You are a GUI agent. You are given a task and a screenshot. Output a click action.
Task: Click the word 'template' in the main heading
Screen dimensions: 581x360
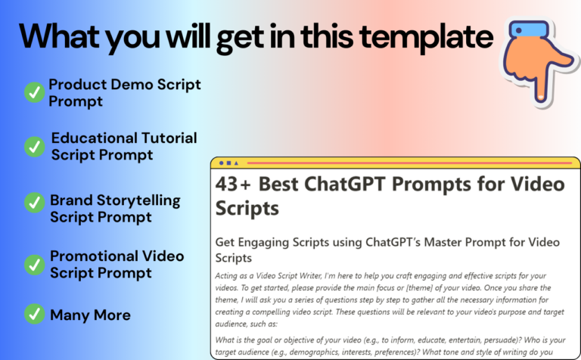pos(426,38)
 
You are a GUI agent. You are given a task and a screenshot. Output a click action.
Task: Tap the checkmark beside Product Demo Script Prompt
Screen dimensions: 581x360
pos(35,92)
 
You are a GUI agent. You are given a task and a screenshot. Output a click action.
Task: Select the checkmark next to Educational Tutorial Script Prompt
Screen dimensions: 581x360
pos(35,147)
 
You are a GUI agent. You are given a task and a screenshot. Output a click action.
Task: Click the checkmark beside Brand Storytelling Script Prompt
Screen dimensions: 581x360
pos(35,203)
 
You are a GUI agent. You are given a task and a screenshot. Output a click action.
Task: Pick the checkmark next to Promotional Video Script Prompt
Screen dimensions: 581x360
pos(35,265)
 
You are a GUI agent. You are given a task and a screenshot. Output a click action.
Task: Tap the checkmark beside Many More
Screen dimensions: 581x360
pos(35,314)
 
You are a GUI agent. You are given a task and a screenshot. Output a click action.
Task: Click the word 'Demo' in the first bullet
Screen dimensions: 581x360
pos(132,85)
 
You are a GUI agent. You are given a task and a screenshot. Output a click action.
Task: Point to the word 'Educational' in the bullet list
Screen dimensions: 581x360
pos(94,138)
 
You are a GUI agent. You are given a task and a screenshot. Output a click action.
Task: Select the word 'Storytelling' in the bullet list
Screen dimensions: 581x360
pos(138,200)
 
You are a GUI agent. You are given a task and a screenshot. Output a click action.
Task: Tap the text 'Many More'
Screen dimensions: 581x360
pos(90,315)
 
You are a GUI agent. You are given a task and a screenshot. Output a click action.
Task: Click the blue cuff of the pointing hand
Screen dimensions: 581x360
pos(529,29)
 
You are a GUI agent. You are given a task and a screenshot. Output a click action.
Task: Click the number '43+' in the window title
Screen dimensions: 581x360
pos(233,184)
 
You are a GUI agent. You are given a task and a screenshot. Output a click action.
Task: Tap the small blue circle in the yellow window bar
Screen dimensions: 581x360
pos(221,163)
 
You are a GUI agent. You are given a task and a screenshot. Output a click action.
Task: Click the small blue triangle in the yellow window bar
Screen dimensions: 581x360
pos(236,163)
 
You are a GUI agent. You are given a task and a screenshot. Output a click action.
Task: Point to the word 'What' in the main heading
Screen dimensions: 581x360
pos(59,36)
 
